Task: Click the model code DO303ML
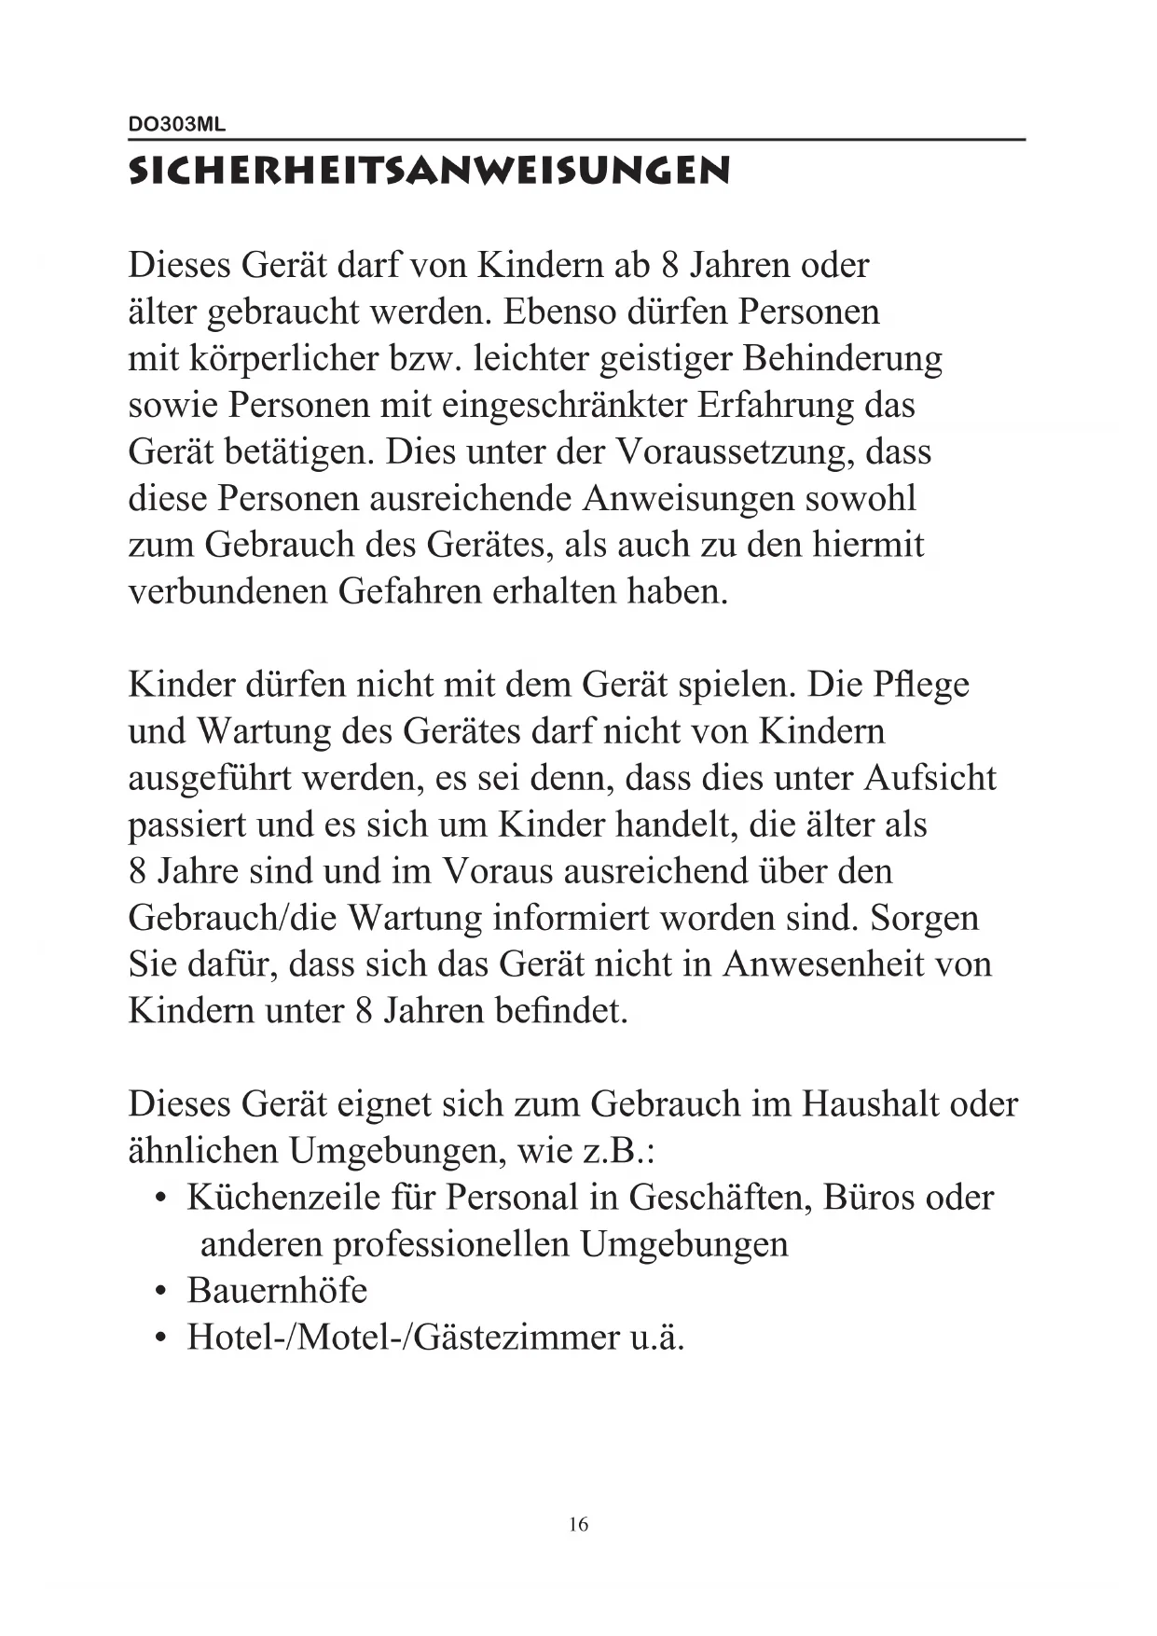[176, 124]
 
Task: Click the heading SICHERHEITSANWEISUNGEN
[429, 171]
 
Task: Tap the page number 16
[578, 1524]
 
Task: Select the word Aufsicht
[930, 778]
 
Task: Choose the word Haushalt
[869, 1103]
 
